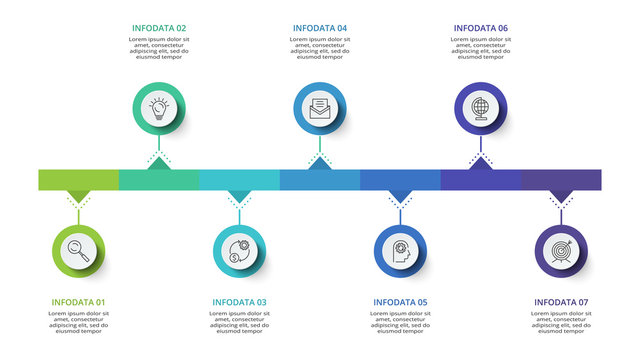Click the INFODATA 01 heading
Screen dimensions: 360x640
click(x=78, y=302)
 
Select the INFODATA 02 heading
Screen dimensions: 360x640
click(x=159, y=28)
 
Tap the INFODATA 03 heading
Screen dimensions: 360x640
click(x=239, y=302)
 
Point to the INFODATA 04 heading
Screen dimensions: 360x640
click(x=320, y=28)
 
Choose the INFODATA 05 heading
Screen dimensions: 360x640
click(x=400, y=302)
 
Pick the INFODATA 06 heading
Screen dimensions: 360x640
click(x=481, y=28)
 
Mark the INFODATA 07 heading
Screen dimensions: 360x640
click(x=561, y=302)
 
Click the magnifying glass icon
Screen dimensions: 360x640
click(x=78, y=249)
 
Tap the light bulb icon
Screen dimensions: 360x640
click(x=159, y=107)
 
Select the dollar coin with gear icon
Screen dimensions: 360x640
click(x=239, y=249)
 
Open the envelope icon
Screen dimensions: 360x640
click(x=320, y=107)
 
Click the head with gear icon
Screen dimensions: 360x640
click(x=400, y=249)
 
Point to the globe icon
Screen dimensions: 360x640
click(x=481, y=107)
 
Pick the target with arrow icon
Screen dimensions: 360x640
click(x=561, y=249)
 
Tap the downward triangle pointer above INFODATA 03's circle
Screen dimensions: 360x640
click(x=239, y=196)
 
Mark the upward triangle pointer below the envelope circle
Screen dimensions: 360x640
click(x=320, y=163)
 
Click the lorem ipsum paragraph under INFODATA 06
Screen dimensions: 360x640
click(x=481, y=48)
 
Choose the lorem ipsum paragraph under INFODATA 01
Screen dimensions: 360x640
click(x=78, y=322)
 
